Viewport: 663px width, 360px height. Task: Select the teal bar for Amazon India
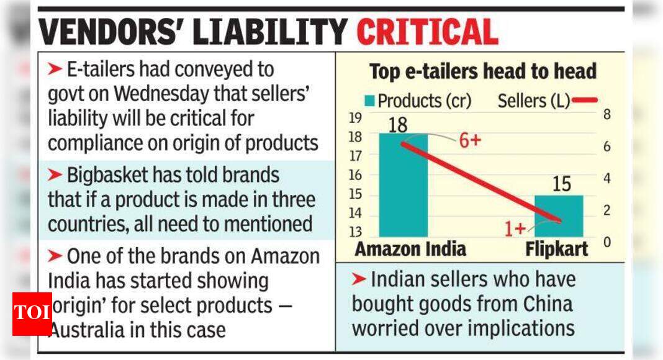(403, 186)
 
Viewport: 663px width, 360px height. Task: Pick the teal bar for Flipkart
(559, 216)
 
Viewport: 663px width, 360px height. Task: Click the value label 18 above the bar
(397, 125)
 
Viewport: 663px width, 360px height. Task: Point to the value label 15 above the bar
(561, 184)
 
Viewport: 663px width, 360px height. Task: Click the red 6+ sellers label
(470, 140)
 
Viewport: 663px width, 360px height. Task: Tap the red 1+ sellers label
(516, 229)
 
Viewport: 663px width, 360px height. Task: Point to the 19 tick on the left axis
(356, 118)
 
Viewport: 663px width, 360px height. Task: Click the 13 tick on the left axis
(356, 232)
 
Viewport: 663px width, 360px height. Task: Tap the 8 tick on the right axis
(607, 115)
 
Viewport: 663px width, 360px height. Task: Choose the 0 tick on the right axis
(607, 242)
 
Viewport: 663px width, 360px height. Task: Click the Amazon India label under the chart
(410, 250)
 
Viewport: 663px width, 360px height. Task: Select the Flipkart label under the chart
(556, 250)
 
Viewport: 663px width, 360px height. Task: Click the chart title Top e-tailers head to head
(482, 71)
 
